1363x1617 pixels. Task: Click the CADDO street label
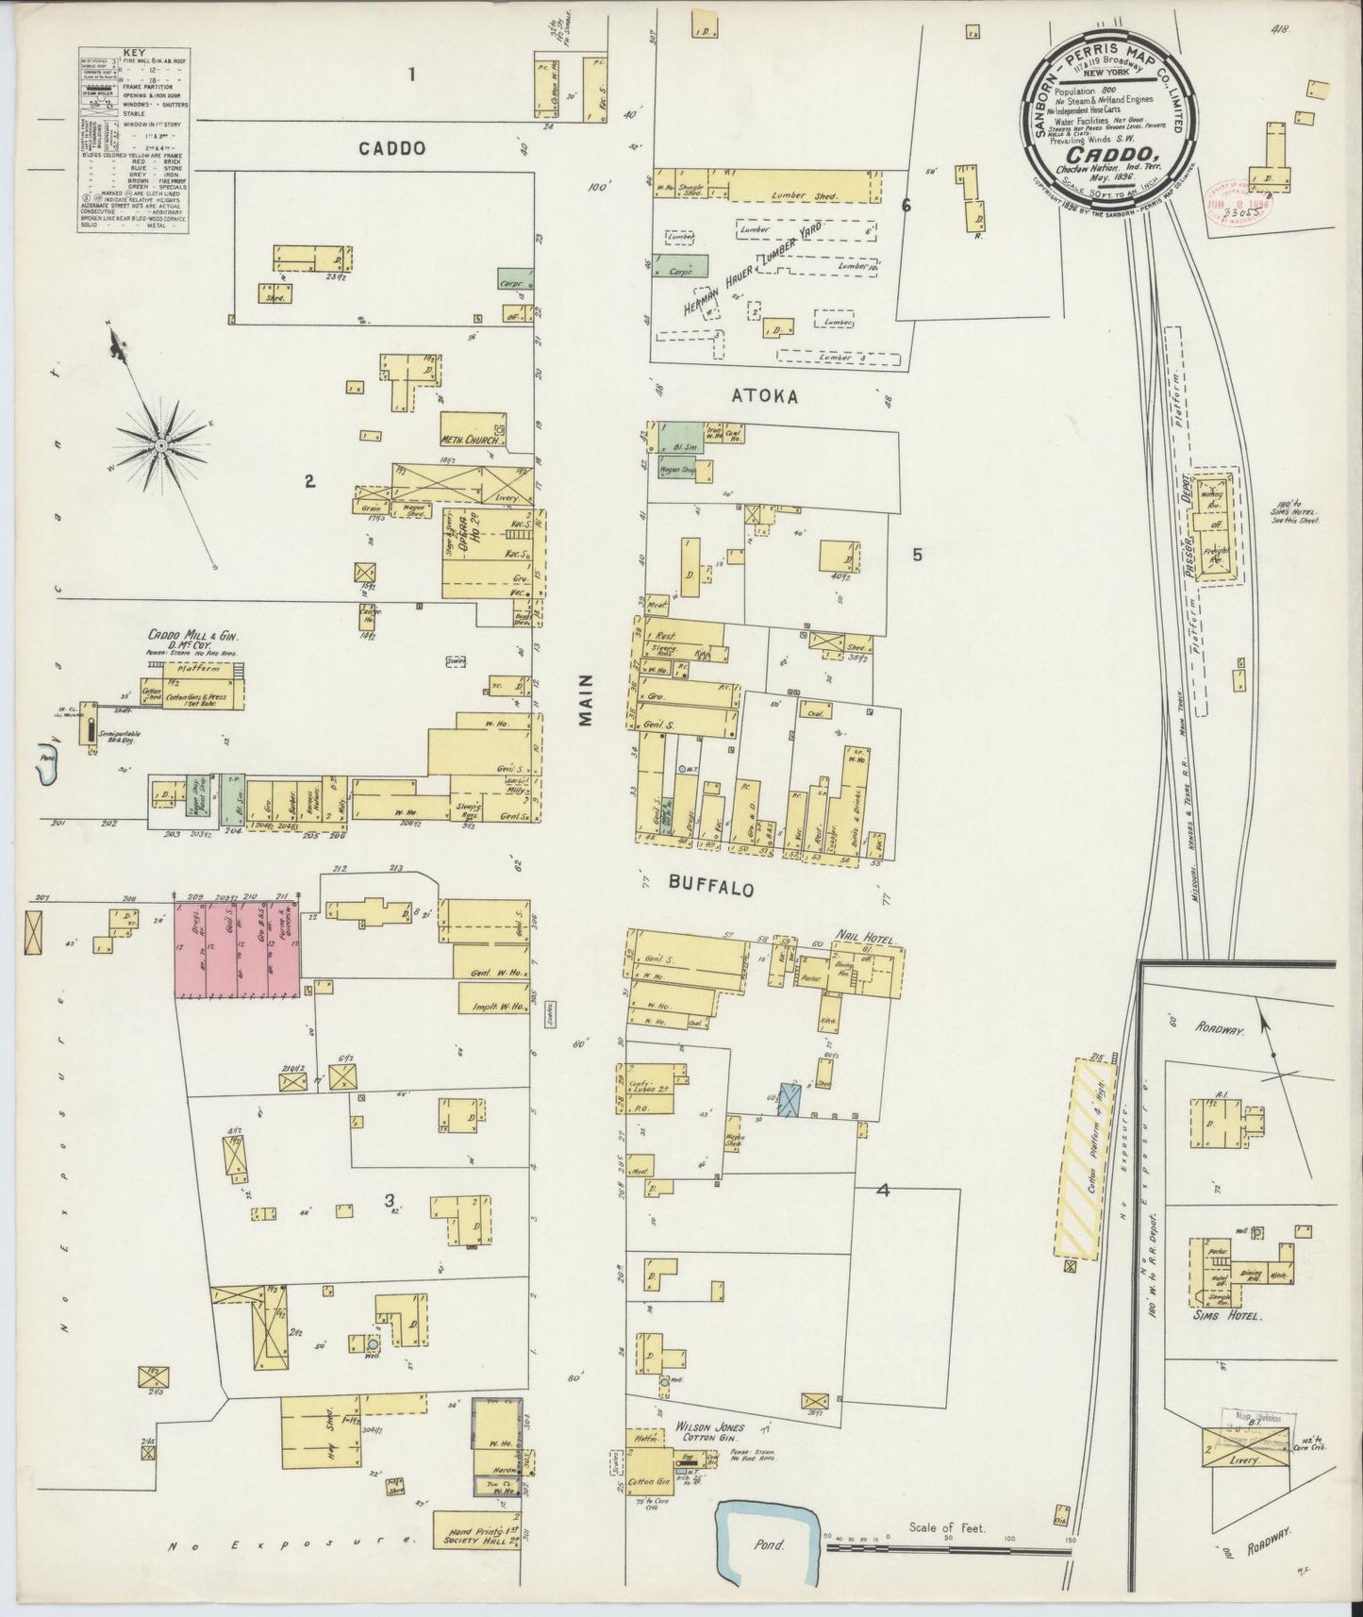391,148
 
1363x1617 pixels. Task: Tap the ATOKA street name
766,397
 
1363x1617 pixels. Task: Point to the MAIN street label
587,699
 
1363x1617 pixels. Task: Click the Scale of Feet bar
949,1546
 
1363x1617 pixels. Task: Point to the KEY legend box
133,143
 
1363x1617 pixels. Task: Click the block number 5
917,555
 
